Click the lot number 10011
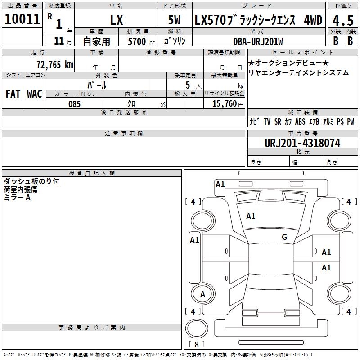point(22,19)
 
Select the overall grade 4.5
point(343,20)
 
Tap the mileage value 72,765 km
point(55,65)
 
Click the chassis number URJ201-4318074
point(302,143)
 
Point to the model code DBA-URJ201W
point(258,41)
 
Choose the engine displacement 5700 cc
point(141,41)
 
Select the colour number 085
point(74,104)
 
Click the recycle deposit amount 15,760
point(225,104)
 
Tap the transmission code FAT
point(13,94)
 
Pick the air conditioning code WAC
point(35,94)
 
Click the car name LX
point(117,20)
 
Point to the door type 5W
point(174,20)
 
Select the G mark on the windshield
point(284,237)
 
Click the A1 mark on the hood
point(251,216)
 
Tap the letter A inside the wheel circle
point(202,294)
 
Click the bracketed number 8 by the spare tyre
point(197,344)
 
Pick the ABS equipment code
point(300,121)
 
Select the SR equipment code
point(278,121)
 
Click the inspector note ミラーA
point(17,198)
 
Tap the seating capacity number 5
point(188,85)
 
